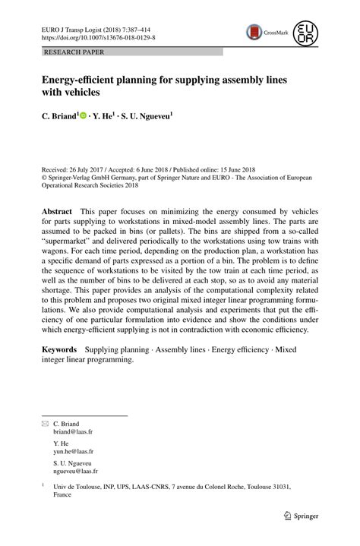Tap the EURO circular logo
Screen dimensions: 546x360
click(x=306, y=32)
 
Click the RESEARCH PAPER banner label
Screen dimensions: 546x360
click(x=74, y=52)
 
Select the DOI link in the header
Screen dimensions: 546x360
click(x=98, y=36)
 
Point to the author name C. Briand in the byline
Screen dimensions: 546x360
click(x=59, y=116)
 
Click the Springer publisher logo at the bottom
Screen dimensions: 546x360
click(x=300, y=514)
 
